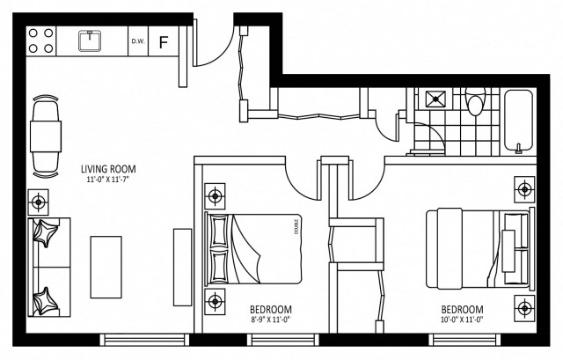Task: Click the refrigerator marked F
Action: (x=163, y=40)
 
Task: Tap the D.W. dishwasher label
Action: (x=137, y=40)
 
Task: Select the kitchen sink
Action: (x=89, y=40)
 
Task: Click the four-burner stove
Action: (x=40, y=40)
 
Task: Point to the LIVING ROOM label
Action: (x=108, y=169)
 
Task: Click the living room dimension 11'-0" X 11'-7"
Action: (x=108, y=180)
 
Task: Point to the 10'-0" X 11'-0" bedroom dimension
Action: (x=461, y=321)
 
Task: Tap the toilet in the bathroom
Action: (x=475, y=106)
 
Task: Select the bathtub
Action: (x=518, y=121)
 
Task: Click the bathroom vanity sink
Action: (x=434, y=99)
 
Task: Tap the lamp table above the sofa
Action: (x=39, y=202)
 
